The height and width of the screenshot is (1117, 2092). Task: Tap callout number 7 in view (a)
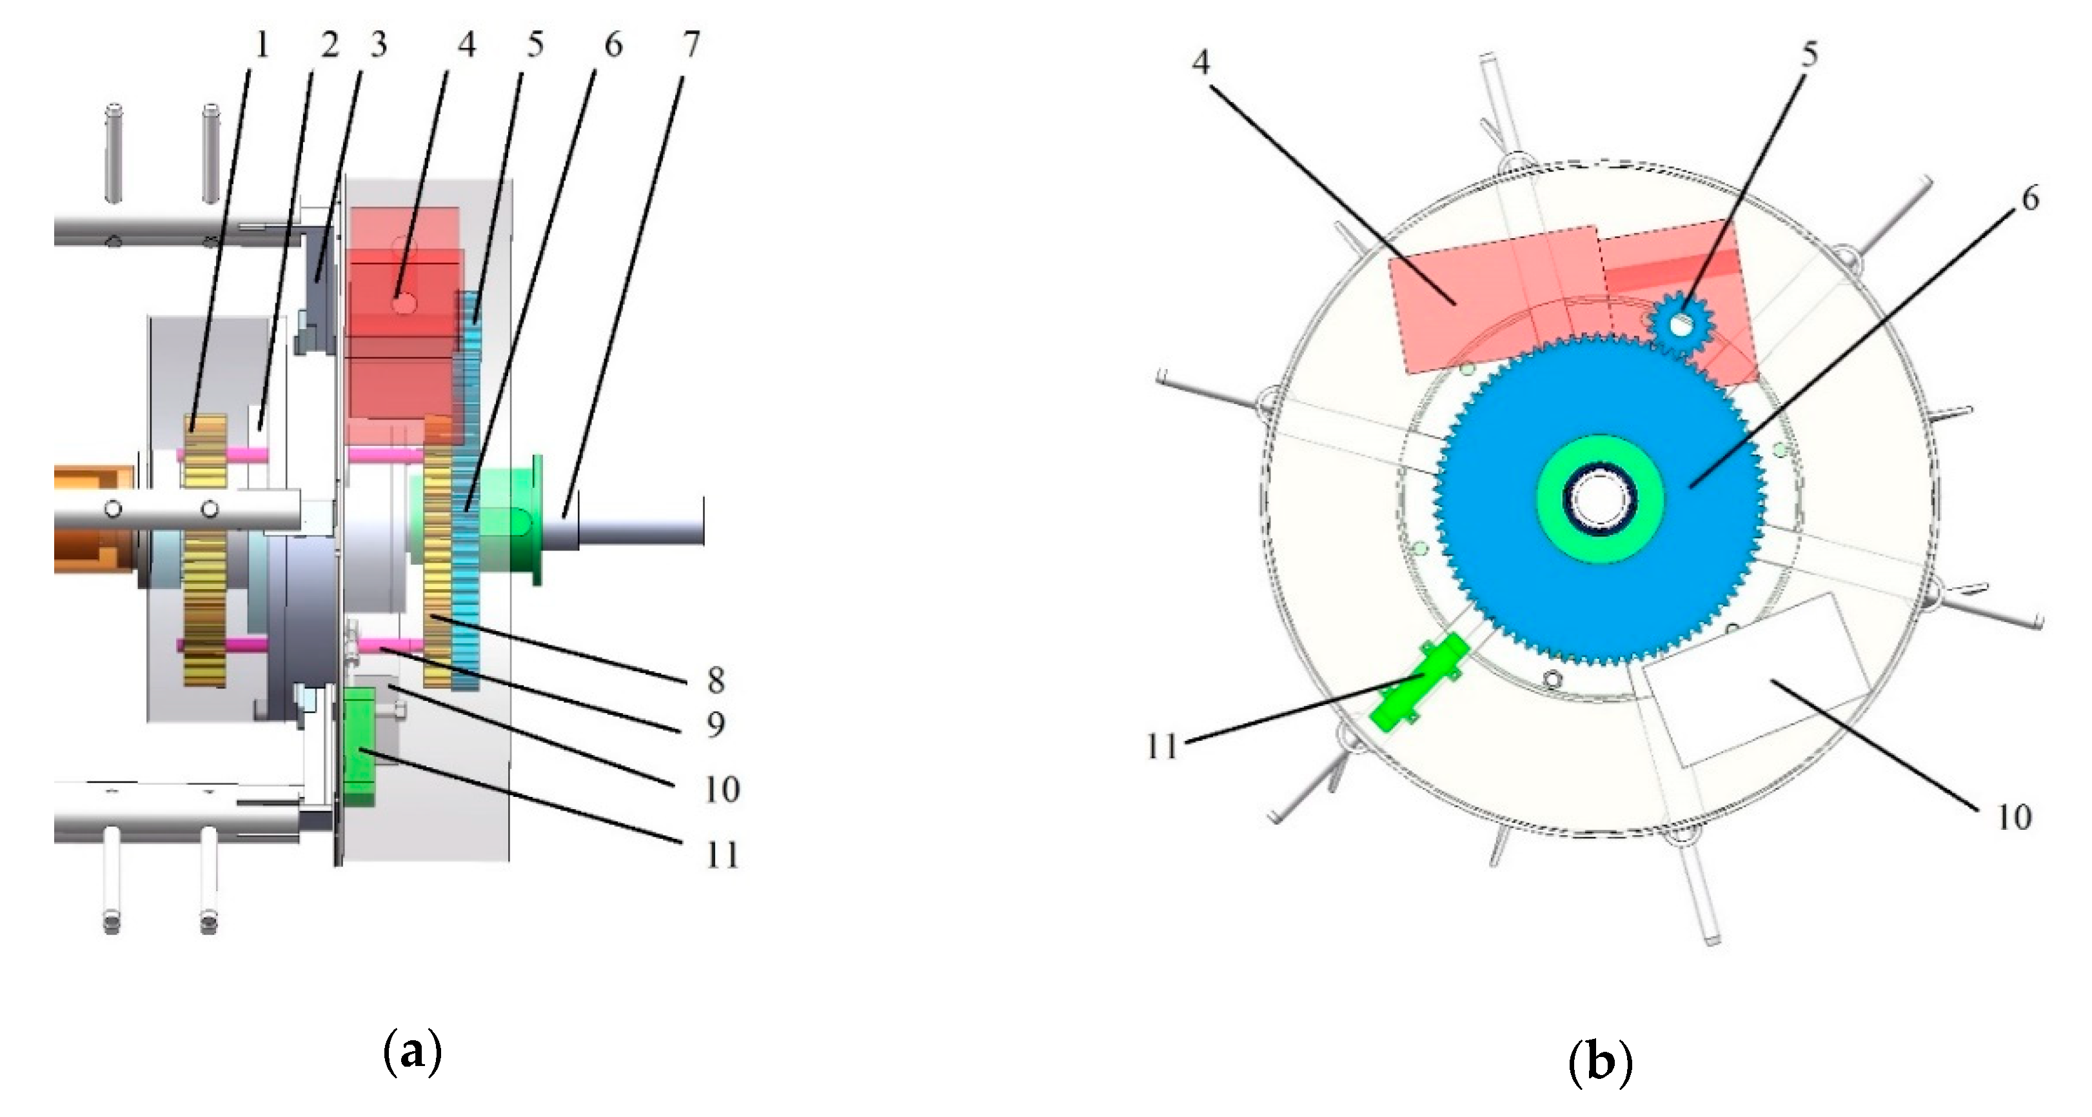689,45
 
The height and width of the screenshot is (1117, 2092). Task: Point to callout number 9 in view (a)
715,724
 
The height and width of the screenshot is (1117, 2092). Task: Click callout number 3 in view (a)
378,45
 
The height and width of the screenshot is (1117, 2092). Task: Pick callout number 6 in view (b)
2029,197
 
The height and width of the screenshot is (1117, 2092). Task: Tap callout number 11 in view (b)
1161,746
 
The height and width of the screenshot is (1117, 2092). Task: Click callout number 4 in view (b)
1200,61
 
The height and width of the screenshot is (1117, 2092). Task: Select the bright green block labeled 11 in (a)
358,746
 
